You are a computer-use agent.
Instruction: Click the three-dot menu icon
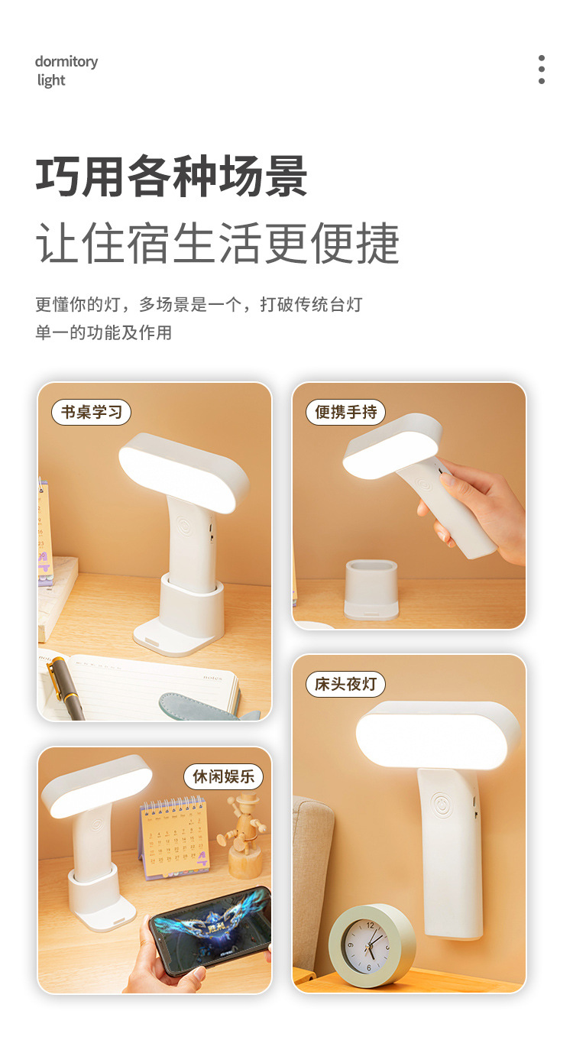coord(542,70)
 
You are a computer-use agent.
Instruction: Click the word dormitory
coord(66,62)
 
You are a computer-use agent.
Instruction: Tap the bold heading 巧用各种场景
coord(171,176)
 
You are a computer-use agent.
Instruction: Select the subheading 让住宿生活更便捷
coord(217,242)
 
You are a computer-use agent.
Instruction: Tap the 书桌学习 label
coord(91,412)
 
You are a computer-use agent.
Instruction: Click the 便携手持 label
coord(345,412)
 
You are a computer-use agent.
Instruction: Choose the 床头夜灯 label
coord(345,684)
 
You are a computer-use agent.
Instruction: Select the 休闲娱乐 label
coord(223,776)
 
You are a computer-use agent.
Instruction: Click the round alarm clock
coord(371,944)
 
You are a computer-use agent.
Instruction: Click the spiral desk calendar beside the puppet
coord(175,836)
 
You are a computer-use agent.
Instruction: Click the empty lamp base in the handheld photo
coord(371,590)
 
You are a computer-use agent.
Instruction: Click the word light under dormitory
coord(51,80)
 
